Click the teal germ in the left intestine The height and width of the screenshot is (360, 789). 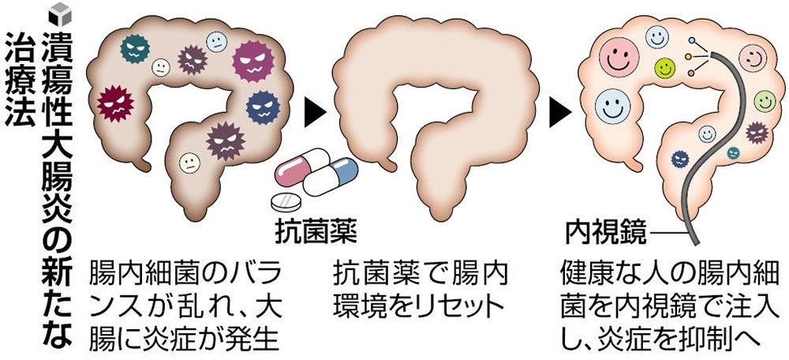coord(135,48)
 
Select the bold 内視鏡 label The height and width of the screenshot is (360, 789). coord(607,233)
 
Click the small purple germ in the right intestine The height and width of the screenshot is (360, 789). coord(757,132)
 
